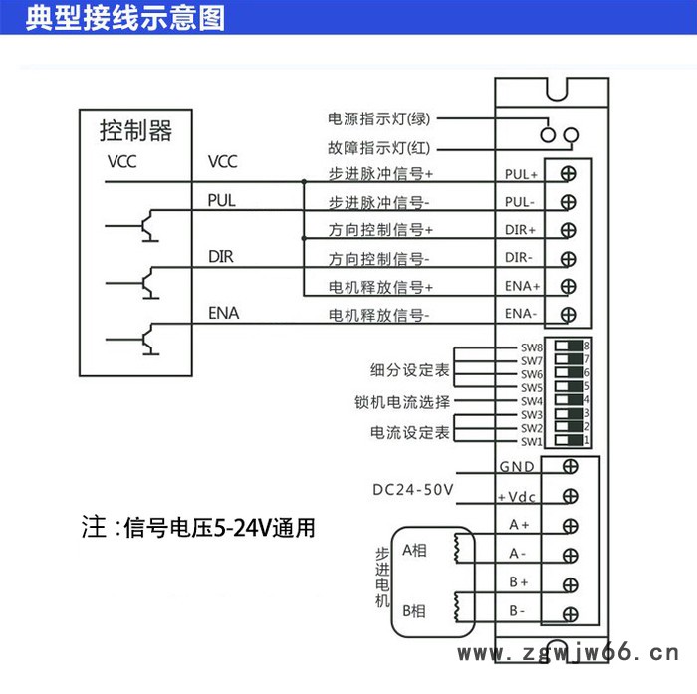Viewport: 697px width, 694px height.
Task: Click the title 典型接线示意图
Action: tap(124, 18)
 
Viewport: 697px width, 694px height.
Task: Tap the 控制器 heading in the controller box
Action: tap(135, 130)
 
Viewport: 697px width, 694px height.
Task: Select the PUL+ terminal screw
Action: tap(569, 173)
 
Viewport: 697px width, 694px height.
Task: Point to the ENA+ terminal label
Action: tap(522, 286)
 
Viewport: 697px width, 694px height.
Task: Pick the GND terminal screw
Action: tap(571, 466)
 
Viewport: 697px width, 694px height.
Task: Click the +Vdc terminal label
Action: tap(517, 496)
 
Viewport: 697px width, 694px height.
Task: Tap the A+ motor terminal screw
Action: tap(571, 526)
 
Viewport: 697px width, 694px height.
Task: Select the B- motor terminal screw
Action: tap(571, 612)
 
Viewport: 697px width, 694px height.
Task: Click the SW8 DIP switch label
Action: tap(531, 347)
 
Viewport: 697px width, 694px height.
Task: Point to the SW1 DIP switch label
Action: tap(531, 441)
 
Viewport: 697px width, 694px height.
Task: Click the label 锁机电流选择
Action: tap(402, 402)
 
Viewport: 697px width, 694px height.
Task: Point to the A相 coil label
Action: tap(415, 549)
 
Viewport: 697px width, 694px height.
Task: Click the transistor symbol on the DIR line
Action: tap(146, 282)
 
